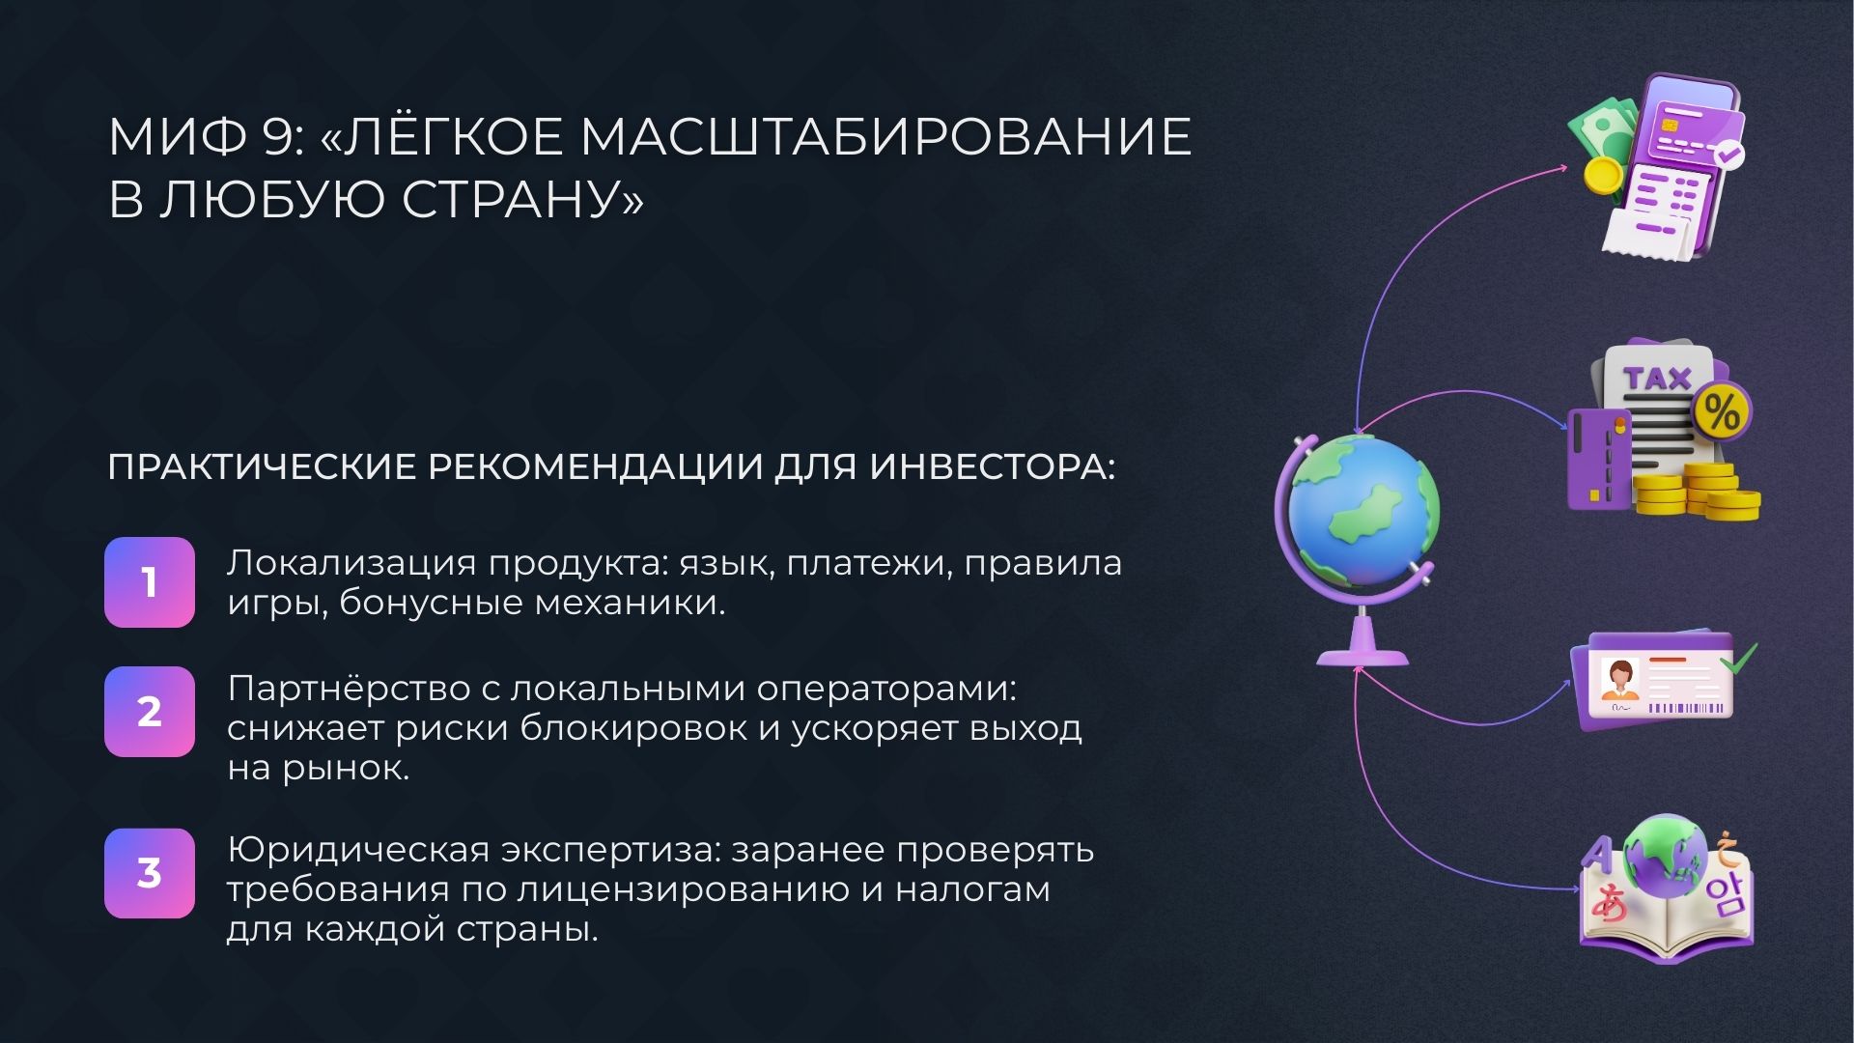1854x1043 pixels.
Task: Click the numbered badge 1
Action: [150, 582]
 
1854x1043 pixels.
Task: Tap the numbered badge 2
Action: [150, 712]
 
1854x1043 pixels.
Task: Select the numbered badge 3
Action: [150, 873]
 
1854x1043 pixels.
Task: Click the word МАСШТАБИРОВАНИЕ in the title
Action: [885, 136]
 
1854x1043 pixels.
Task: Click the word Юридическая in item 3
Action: [357, 850]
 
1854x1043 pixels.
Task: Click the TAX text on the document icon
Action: [1657, 379]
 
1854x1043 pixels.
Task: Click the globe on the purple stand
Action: [1362, 512]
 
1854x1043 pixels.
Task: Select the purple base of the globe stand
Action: [1362, 657]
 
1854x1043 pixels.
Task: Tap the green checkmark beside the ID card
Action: [1741, 659]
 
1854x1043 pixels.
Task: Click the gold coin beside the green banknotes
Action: [1603, 176]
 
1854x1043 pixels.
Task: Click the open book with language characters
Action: [1666, 927]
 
